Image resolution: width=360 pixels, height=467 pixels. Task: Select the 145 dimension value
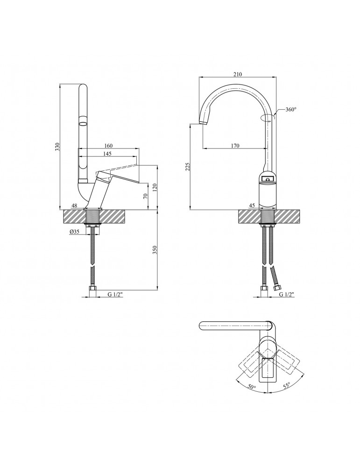(107, 154)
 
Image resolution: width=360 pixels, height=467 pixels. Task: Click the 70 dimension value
(145, 196)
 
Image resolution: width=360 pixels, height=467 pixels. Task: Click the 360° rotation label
(291, 109)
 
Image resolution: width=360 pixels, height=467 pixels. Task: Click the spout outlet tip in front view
(203, 122)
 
